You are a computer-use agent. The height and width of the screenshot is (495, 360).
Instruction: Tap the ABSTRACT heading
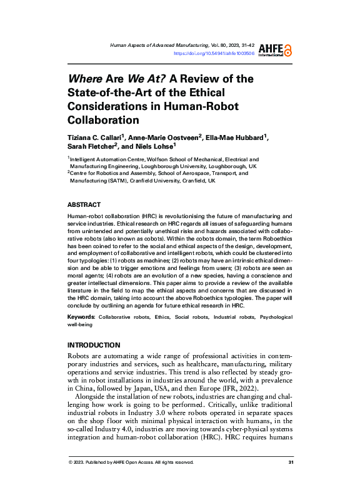(83, 204)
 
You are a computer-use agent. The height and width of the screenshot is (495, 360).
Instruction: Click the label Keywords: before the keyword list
(81, 318)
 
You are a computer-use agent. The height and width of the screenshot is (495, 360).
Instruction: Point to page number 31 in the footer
(291, 462)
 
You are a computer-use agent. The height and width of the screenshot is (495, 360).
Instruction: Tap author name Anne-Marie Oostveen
(172, 137)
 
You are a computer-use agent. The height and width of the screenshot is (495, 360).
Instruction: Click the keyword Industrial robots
(230, 318)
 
